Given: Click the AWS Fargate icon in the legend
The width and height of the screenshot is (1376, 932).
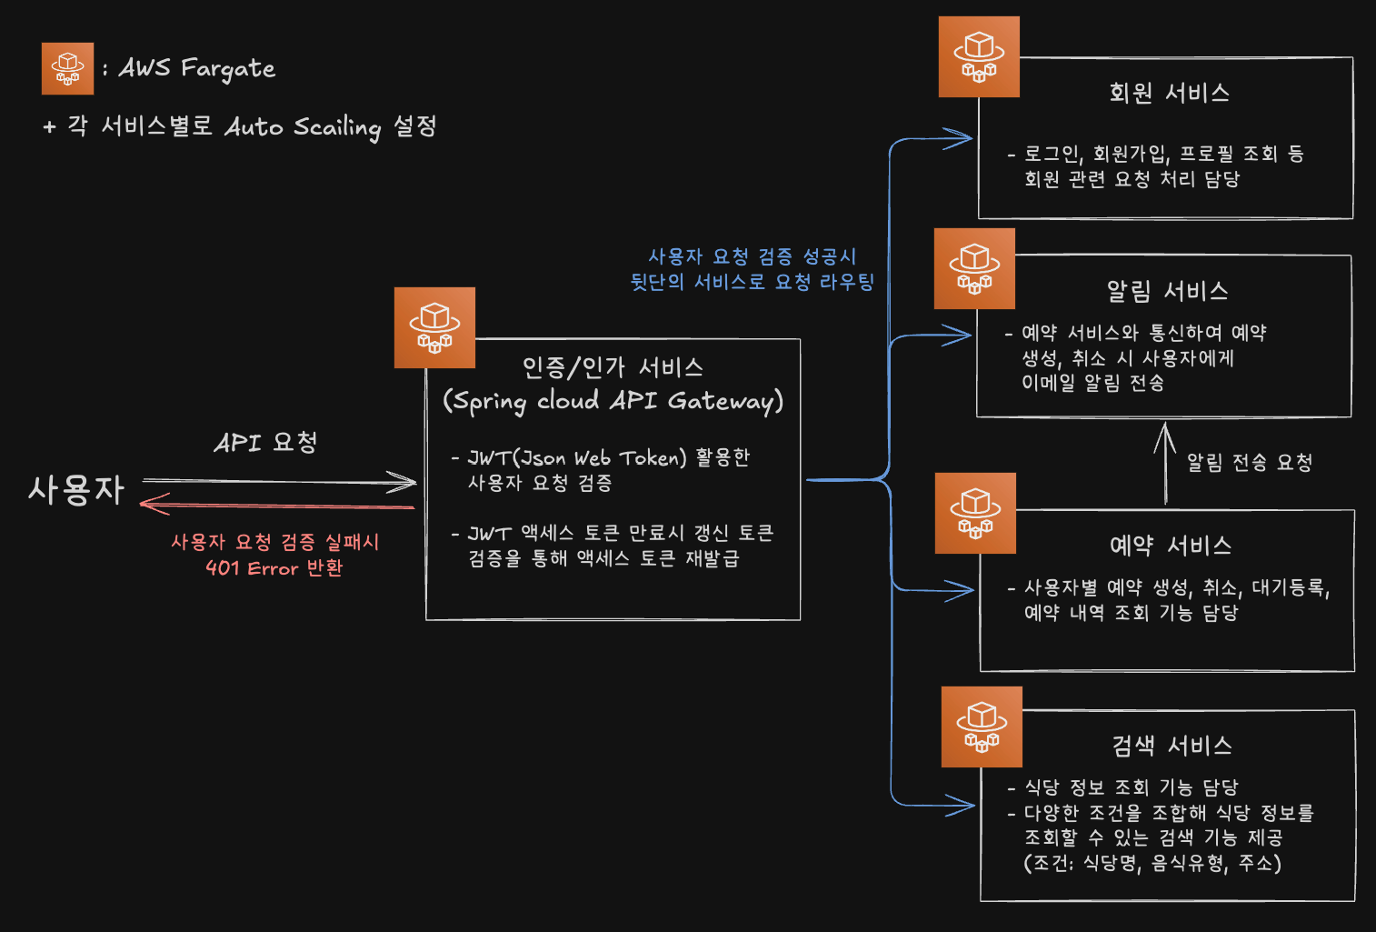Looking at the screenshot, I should [x=67, y=68].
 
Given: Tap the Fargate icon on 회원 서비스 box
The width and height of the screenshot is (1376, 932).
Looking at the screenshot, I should [x=979, y=56].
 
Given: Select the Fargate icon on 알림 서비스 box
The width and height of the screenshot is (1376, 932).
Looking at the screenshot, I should [x=974, y=268].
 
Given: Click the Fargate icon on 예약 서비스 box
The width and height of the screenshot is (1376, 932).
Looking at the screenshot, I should [x=975, y=513].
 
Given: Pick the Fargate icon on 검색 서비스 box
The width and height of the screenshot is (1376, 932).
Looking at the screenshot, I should [x=982, y=727].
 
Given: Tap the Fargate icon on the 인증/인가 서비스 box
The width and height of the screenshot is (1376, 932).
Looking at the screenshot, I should [x=434, y=327].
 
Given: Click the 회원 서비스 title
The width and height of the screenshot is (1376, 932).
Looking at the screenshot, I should [x=1169, y=93].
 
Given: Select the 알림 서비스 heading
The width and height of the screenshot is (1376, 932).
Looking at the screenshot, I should [x=1167, y=291].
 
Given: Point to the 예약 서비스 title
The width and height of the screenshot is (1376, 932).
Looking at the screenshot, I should [x=1170, y=546].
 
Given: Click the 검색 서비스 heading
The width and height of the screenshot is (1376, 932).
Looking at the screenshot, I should [x=1172, y=746].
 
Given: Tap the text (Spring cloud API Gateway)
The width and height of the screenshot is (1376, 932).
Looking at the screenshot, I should [x=613, y=401].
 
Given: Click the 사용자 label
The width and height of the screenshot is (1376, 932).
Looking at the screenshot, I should [x=76, y=489].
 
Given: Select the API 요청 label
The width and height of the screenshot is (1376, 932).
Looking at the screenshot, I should [x=265, y=443].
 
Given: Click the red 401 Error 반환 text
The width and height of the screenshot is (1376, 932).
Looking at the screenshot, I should [x=274, y=568].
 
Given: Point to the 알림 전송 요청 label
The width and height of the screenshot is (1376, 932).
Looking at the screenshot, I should [x=1250, y=463].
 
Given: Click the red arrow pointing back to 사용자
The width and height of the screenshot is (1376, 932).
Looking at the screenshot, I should [x=273, y=505].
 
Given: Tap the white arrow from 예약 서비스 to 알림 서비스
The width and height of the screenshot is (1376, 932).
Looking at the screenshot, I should [x=1165, y=464].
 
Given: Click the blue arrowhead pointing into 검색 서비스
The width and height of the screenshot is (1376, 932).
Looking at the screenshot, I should [x=961, y=805].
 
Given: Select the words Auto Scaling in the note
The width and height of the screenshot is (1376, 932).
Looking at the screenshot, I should [x=303, y=126].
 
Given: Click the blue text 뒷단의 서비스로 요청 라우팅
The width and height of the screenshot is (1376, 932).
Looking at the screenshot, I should [x=752, y=282].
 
